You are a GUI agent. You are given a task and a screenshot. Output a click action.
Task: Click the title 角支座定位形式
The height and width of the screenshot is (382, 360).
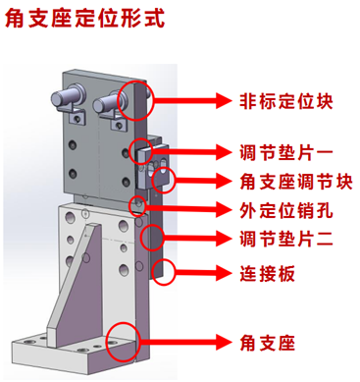pos(84,19)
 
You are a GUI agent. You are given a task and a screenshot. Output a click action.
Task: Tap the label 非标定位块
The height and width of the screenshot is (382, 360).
pos(286,101)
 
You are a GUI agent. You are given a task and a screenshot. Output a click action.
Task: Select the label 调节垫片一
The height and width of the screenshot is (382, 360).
pos(286,152)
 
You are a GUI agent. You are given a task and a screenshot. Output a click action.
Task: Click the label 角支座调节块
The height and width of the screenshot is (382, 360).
pos(296,182)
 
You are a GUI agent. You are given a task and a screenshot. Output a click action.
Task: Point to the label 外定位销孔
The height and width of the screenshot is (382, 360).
pos(286,210)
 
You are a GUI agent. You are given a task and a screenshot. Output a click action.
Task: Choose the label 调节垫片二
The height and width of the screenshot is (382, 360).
pos(286,239)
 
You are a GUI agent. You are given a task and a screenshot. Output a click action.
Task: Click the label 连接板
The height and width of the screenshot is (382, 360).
pos(267,274)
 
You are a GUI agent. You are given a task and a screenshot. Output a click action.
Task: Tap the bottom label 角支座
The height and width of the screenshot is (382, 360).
pos(267,343)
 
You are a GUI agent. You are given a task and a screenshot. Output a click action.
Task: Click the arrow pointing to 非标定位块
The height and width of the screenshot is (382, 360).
pos(192,100)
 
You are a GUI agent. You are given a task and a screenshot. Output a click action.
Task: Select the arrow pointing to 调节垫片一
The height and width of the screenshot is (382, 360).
pos(191,151)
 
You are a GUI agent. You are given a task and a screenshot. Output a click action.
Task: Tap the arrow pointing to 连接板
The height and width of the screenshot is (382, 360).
pos(203,272)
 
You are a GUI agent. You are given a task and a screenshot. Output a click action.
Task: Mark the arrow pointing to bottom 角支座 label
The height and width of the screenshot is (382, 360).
pos(185,343)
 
